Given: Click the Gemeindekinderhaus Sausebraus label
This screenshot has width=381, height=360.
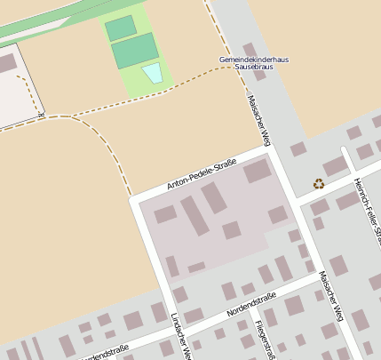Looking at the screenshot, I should tap(253, 63).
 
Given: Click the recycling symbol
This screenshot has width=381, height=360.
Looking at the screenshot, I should tap(319, 184).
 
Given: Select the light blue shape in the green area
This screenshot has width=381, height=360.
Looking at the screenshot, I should tap(153, 73).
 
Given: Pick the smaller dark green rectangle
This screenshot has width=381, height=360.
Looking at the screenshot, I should tap(121, 28).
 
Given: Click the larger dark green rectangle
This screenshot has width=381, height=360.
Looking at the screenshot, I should tap(136, 51).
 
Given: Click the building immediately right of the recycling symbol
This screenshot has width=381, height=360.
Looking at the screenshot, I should tap(335, 166).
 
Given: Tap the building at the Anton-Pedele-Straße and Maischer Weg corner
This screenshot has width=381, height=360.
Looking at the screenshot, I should tap(258, 171).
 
